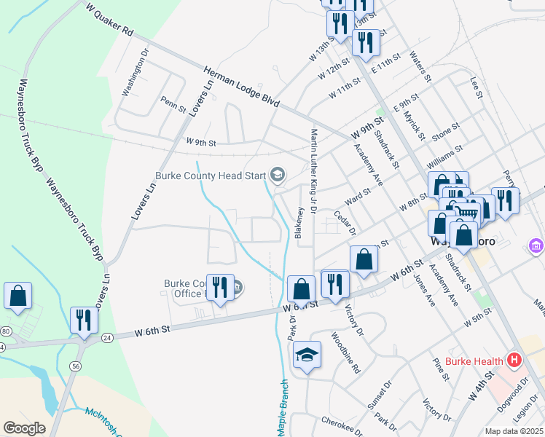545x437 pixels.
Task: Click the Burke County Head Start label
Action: tap(211, 176)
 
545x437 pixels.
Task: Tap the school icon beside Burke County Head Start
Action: tap(277, 175)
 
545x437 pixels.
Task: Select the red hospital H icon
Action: tap(515, 360)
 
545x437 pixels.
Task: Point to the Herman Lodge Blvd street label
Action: tap(242, 87)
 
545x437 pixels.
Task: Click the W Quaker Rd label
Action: tap(109, 22)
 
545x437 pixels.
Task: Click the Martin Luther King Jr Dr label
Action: tap(314, 170)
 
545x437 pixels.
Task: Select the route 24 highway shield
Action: tap(107, 337)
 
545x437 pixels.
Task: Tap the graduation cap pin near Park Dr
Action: tap(307, 355)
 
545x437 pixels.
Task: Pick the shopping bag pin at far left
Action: tap(18, 296)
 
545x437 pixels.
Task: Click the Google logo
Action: tap(24, 428)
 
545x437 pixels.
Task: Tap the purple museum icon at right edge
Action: tap(537, 246)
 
